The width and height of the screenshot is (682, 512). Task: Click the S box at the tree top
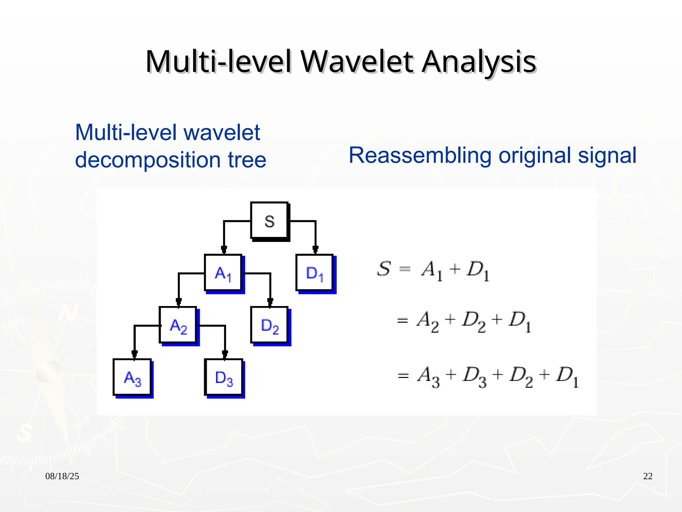tap(269, 221)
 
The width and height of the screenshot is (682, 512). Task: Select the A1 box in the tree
tap(223, 273)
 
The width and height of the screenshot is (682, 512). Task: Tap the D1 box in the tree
tap(315, 273)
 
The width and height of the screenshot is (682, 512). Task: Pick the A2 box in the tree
tap(178, 325)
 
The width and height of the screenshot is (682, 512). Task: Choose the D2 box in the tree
tap(269, 325)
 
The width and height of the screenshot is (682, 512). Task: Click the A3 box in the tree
tap(132, 378)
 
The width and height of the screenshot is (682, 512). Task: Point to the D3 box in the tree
tap(224, 378)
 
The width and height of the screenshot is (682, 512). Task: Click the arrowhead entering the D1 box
tap(315, 249)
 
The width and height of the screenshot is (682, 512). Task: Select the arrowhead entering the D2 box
tap(270, 302)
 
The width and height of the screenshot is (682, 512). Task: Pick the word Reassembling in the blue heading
tap(420, 155)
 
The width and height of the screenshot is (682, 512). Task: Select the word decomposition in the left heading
tap(148, 160)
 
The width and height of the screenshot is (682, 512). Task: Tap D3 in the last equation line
tap(475, 376)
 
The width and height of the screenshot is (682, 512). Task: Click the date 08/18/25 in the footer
tap(62, 476)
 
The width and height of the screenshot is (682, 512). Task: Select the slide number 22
tap(648, 476)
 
